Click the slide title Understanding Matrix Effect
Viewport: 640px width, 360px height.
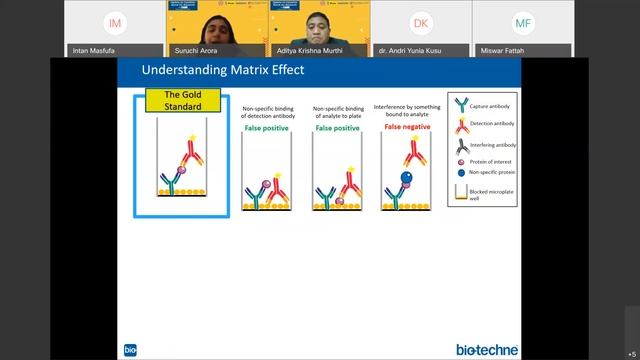tap(223, 70)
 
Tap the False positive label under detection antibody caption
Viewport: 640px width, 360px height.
tap(265, 129)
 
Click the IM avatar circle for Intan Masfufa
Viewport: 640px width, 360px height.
tap(116, 23)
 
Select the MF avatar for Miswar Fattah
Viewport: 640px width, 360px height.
tap(523, 23)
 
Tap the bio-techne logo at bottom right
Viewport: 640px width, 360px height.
tap(487, 349)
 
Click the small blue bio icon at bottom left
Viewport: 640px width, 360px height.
tap(130, 350)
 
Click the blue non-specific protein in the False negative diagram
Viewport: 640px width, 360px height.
tap(407, 179)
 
